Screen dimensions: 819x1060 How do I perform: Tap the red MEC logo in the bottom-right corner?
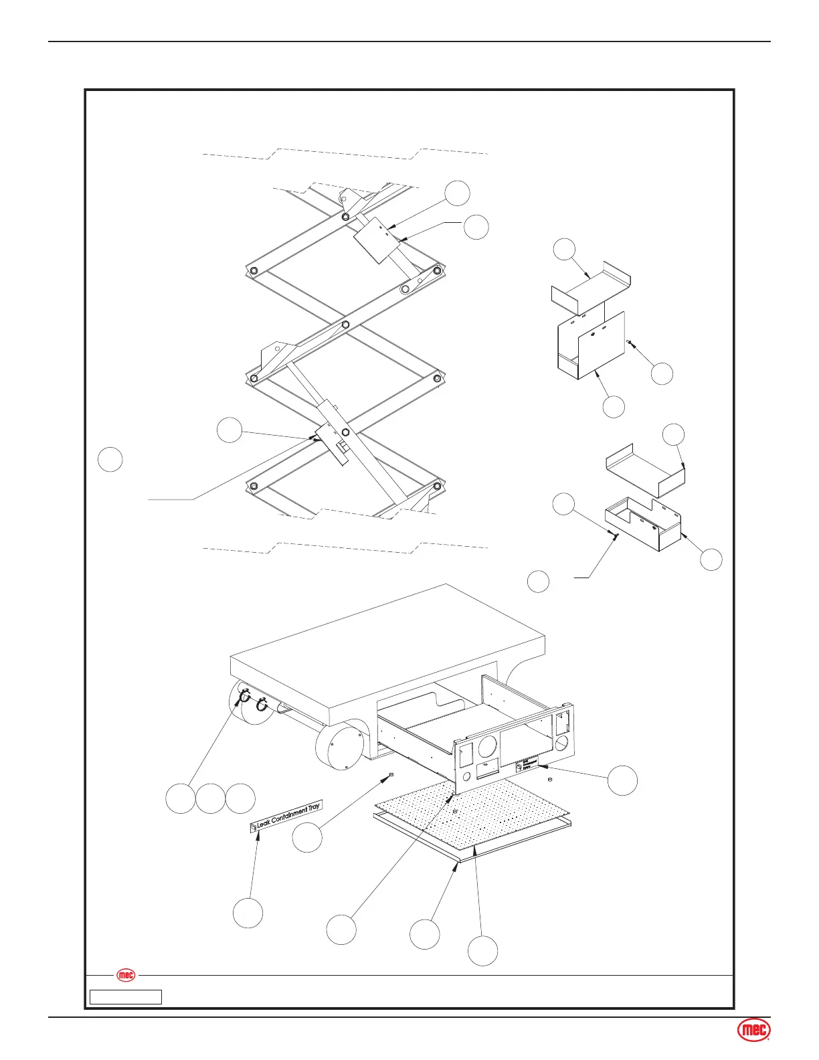click(x=754, y=1031)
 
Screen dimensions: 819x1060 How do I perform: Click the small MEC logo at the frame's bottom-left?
click(x=126, y=975)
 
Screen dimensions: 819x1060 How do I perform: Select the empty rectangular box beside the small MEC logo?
click(x=126, y=997)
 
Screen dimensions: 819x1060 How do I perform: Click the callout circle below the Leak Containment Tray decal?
click(x=248, y=913)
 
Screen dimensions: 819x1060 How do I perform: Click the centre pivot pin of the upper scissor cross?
click(x=345, y=325)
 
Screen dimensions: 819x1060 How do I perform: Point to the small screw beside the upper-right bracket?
click(x=630, y=342)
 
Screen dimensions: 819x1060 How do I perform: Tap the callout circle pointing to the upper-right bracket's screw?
click(x=662, y=373)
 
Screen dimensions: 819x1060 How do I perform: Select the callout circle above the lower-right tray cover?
click(x=674, y=435)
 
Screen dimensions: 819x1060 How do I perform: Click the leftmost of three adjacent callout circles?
click(x=181, y=799)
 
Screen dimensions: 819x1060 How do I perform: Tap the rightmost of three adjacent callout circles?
click(x=240, y=799)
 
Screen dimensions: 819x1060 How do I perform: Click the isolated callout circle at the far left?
click(x=110, y=460)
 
